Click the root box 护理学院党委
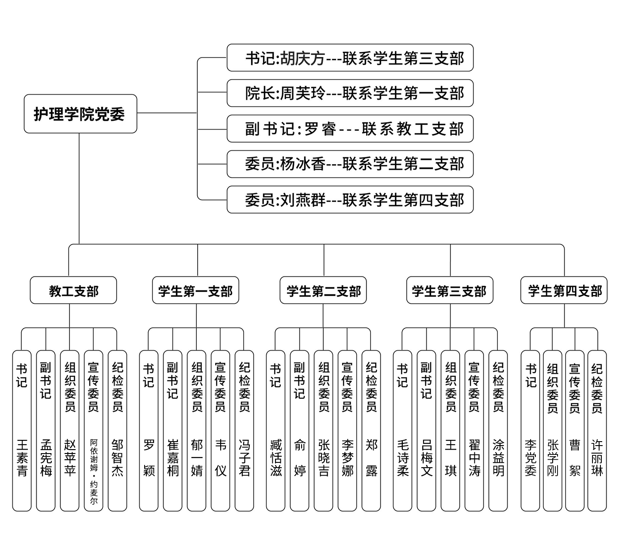point(80,114)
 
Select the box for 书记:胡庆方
point(350,57)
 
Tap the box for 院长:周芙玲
point(350,93)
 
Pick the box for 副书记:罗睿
point(350,129)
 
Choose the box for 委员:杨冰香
point(350,164)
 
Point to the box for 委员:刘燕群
point(350,200)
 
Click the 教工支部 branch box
point(73,290)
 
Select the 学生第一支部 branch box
point(195,290)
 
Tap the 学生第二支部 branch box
point(323,290)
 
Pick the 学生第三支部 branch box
point(450,290)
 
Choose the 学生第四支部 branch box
point(564,290)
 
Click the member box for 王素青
point(22,431)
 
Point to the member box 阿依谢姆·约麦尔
point(93,431)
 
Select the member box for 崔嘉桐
point(172,431)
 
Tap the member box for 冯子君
point(244,431)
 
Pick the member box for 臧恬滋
point(275,431)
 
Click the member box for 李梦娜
point(347,431)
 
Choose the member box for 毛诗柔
point(402,431)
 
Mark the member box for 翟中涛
point(474,431)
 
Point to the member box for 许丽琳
point(597,431)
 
